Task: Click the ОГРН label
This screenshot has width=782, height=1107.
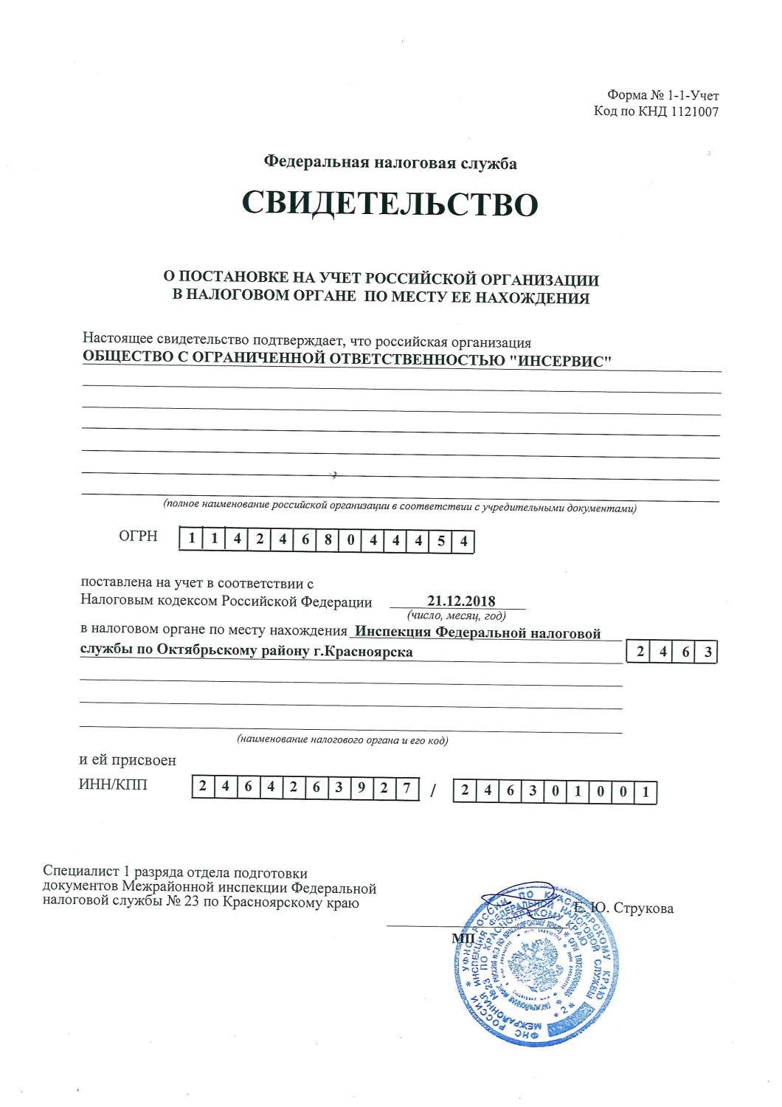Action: coord(138,537)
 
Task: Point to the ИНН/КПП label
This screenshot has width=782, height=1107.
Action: coord(113,784)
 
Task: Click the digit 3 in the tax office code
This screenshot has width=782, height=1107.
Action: coord(707,652)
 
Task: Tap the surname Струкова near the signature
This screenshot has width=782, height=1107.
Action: coord(641,908)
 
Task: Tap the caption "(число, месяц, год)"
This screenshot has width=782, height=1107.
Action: coord(456,615)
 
